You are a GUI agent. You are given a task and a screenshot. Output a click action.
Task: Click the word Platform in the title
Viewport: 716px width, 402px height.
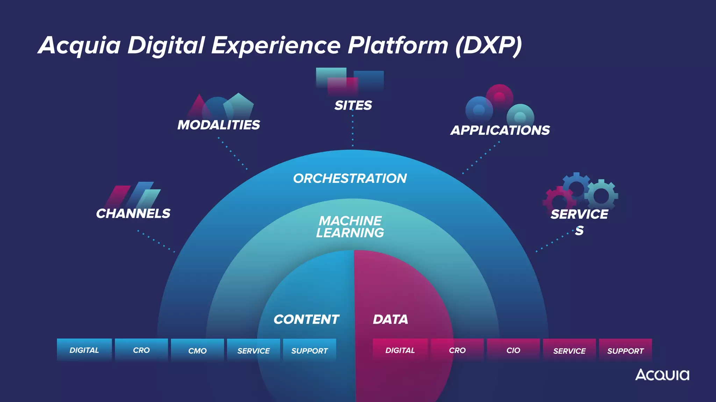[x=398, y=45]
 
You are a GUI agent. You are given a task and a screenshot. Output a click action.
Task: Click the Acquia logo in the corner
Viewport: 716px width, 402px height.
[x=662, y=375]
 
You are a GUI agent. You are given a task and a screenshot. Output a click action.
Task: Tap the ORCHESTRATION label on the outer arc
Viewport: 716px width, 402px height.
[x=350, y=178]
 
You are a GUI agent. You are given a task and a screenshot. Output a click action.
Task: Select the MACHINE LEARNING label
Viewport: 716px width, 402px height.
[x=350, y=227]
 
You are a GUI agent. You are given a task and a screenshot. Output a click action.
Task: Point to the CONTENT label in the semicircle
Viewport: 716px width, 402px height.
[x=306, y=319]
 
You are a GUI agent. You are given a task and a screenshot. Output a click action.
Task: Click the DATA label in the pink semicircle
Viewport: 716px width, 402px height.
[x=390, y=319]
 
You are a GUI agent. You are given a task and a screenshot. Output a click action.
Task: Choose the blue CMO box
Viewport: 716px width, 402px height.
[x=198, y=350]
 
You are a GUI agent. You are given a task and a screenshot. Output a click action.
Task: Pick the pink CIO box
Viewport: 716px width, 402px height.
[x=513, y=350]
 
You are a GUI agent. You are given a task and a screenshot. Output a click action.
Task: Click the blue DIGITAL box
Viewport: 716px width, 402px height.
[x=84, y=350]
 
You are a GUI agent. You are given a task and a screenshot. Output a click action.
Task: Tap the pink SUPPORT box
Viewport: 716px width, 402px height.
[x=625, y=350]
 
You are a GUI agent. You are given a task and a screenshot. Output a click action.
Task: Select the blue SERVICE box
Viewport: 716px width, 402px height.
[x=253, y=350]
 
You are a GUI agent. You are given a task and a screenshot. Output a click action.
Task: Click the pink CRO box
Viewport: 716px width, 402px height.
[x=457, y=350]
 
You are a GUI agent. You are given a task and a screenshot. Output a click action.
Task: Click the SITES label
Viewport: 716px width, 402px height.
[x=353, y=105]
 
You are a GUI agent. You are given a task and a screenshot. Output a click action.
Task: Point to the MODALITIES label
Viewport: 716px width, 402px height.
[x=219, y=125]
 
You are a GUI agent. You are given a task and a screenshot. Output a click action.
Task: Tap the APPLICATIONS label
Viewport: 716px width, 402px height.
[x=500, y=131]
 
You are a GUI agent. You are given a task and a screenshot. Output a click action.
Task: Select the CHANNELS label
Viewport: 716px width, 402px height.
[x=133, y=214]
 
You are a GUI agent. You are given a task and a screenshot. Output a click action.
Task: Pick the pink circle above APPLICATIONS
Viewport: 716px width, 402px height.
[x=500, y=97]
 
